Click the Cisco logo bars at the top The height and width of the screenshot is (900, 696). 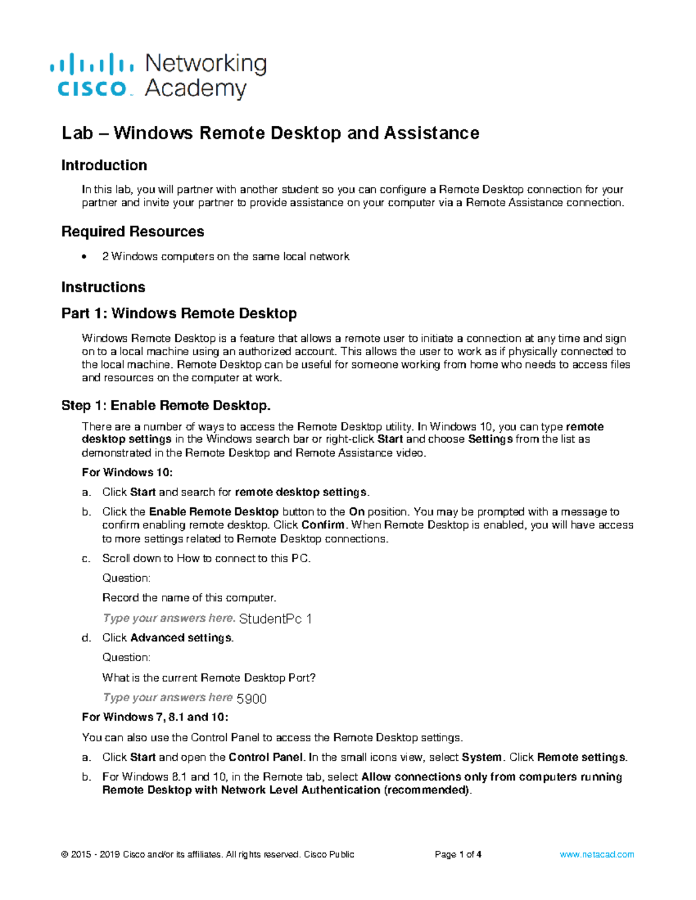[92, 64]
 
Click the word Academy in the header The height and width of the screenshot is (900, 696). [195, 89]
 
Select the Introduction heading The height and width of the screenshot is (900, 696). [104, 165]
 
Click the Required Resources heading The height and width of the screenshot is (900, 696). [132, 231]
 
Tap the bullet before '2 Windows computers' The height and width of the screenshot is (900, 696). [85, 257]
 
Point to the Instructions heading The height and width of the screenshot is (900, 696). [103, 287]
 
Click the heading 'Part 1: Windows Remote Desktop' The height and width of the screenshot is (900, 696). [179, 314]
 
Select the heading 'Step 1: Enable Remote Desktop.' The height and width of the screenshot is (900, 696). [166, 405]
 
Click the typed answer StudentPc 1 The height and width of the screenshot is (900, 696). [275, 619]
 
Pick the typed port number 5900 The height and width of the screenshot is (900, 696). [252, 699]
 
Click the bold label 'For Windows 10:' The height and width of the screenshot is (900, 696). [127, 472]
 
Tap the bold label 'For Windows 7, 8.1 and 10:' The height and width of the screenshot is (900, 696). [155, 717]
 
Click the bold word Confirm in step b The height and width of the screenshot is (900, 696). [323, 525]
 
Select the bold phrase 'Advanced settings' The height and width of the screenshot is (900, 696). [182, 637]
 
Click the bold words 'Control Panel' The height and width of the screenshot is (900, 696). [266, 757]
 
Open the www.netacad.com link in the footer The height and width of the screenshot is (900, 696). [597, 854]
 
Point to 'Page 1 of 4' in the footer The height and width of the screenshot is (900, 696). [458, 854]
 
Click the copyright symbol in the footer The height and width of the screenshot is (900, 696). [64, 854]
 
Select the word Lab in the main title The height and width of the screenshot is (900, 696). [77, 133]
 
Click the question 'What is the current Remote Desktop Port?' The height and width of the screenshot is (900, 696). [209, 677]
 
